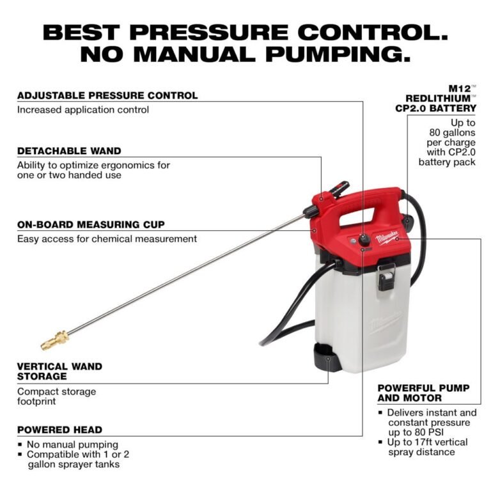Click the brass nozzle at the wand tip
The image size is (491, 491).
[54, 340]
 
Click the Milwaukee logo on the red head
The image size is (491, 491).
[388, 237]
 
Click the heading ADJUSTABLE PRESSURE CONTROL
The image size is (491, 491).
[107, 95]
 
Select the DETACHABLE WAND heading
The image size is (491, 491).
[69, 151]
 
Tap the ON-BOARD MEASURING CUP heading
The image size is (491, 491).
[91, 224]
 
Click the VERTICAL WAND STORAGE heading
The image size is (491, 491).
[59, 371]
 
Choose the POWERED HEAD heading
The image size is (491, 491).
[59, 430]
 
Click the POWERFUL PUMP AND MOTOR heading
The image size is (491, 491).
[423, 393]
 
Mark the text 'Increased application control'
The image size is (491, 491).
[83, 109]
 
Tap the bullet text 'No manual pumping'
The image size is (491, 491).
[72, 444]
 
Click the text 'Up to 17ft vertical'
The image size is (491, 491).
[428, 442]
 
